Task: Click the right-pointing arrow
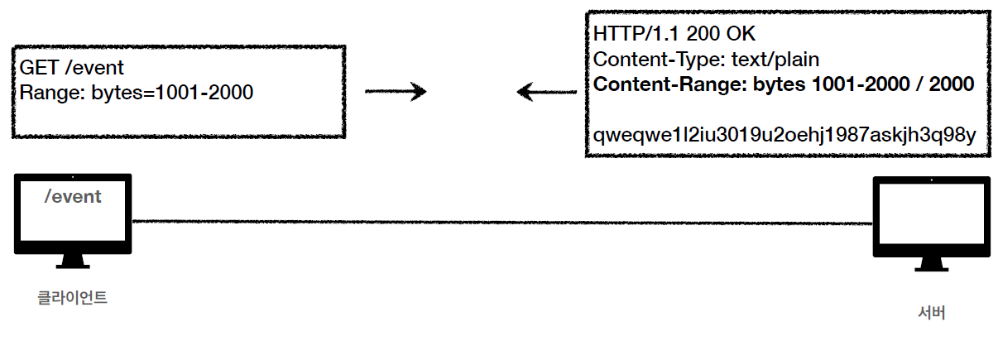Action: click(x=395, y=91)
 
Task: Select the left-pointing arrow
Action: click(x=546, y=91)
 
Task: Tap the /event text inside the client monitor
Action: click(x=73, y=196)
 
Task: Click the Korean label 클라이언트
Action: click(x=73, y=297)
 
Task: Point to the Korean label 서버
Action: click(x=932, y=313)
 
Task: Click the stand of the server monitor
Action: click(x=932, y=264)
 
